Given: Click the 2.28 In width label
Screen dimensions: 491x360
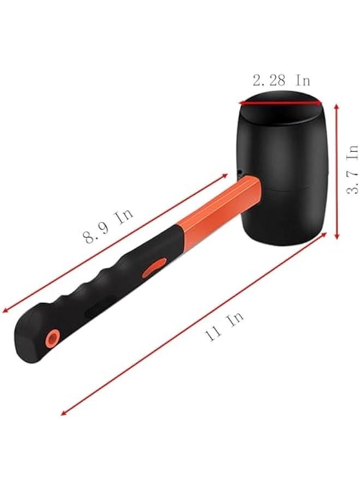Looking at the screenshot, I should pyautogui.click(x=281, y=81).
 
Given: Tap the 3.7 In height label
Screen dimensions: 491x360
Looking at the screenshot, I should pyautogui.click(x=352, y=169).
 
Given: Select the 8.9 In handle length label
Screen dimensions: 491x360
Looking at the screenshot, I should pyautogui.click(x=108, y=225).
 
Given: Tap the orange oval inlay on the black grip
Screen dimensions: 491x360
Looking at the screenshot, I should pyautogui.click(x=155, y=268).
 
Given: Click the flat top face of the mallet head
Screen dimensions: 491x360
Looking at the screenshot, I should pyautogui.click(x=280, y=105).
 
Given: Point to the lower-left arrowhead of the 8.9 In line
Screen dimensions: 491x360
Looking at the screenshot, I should pyautogui.click(x=5, y=312).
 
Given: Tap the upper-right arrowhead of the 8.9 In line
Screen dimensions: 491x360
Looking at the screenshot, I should pyautogui.click(x=225, y=176).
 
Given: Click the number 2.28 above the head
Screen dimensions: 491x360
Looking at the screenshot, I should pyautogui.click(x=269, y=81).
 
